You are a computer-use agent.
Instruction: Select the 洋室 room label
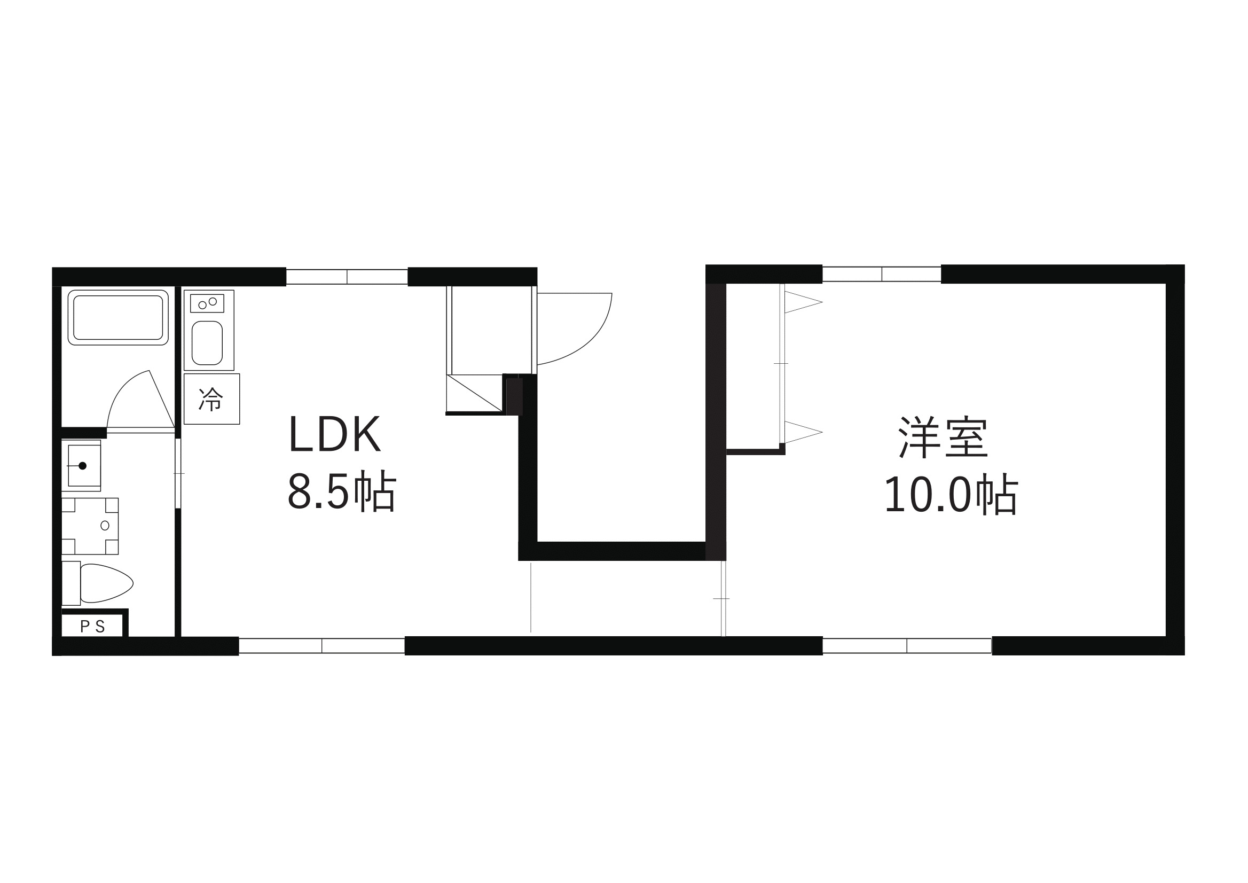[x=943, y=437]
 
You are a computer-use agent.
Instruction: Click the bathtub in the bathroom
[x=118, y=317]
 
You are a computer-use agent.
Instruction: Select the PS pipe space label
[x=92, y=627]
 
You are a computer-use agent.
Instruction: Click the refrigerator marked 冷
[x=211, y=398]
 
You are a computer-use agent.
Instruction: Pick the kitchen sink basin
[x=207, y=342]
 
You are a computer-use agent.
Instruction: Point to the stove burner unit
[x=207, y=303]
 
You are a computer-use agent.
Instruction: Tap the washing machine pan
[x=90, y=526]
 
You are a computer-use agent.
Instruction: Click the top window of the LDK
[x=347, y=277]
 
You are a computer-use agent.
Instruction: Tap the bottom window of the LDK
[x=322, y=645]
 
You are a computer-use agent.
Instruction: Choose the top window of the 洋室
[x=882, y=274]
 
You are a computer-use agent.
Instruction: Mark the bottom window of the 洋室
[x=907, y=645]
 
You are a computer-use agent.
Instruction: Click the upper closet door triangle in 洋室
[x=803, y=302]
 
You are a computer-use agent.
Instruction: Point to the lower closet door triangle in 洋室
[x=803, y=432]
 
